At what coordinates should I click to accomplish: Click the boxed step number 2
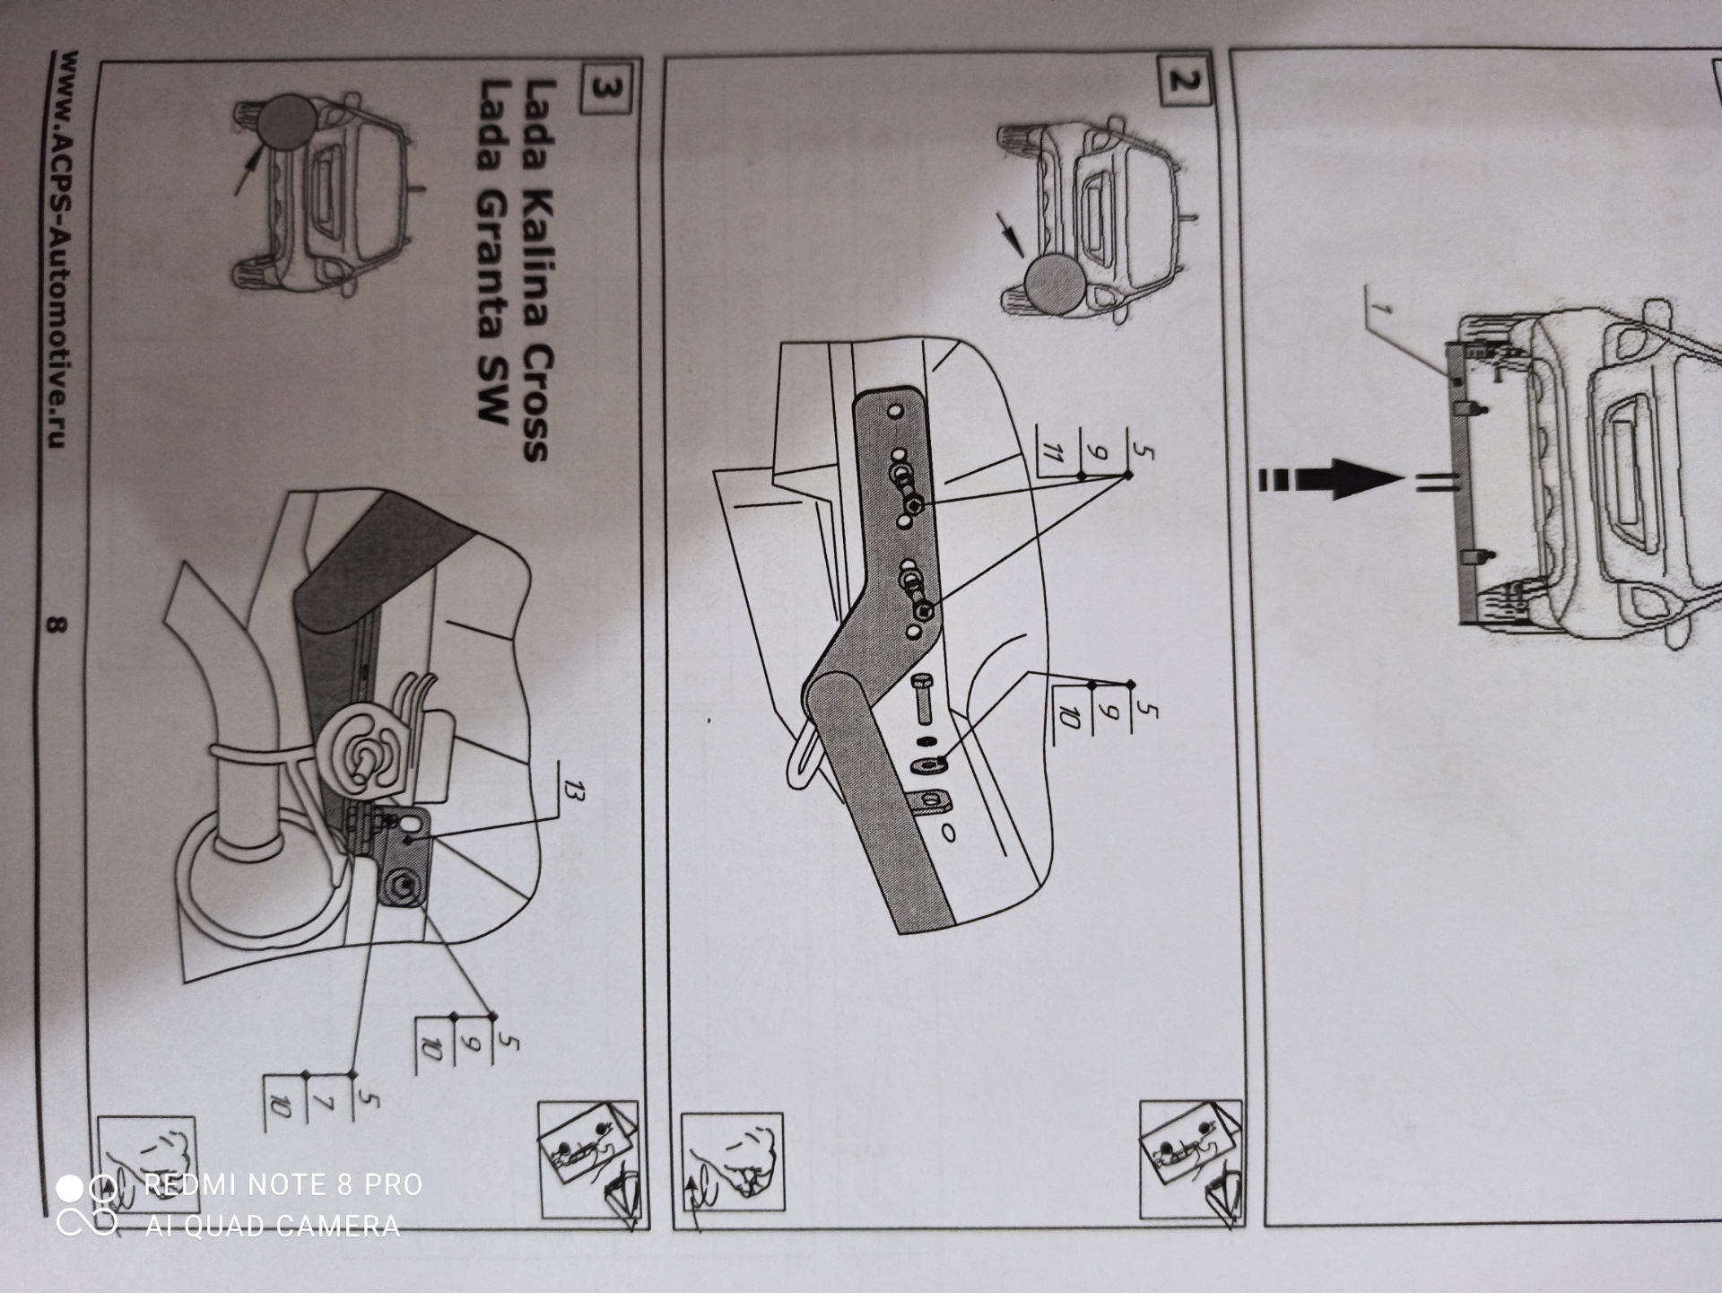pos(1183,83)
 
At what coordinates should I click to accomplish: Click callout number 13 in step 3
pos(572,794)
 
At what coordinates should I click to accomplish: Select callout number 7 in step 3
pos(324,1105)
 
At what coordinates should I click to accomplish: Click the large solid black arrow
pos(1331,480)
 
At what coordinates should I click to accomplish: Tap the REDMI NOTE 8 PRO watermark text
pos(283,1185)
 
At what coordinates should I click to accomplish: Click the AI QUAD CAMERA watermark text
pos(272,1227)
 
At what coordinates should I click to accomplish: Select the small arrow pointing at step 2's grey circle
pos(1011,234)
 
